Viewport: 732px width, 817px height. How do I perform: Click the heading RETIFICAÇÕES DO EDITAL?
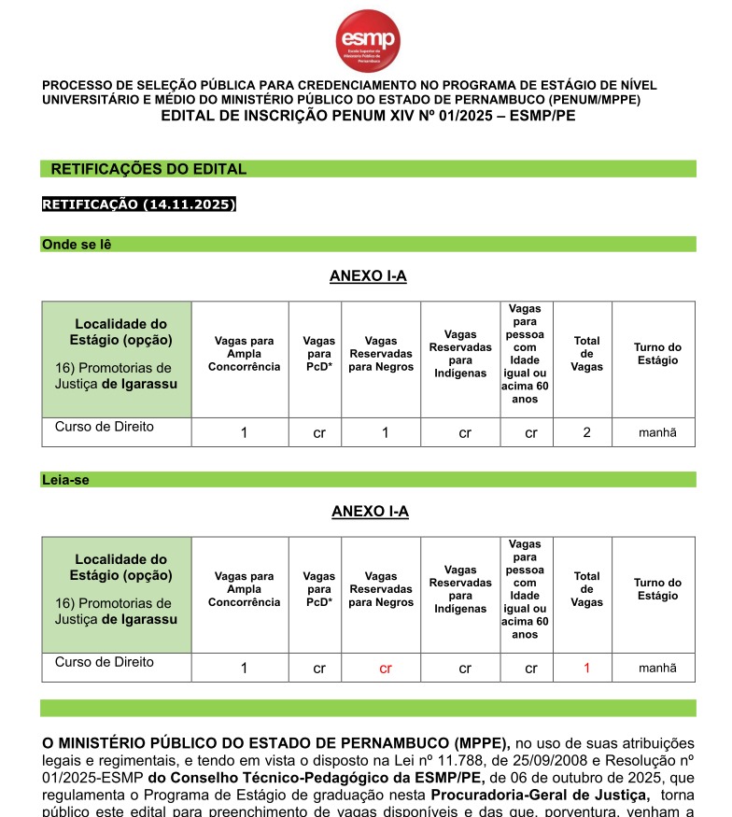point(148,169)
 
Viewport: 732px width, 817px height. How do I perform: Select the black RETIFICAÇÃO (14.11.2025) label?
point(139,204)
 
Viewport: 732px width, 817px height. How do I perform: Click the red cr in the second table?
point(386,669)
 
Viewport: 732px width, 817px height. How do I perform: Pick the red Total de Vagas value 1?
point(586,668)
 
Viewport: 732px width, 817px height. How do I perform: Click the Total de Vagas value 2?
point(586,432)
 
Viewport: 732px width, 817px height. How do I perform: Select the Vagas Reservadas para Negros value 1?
point(386,432)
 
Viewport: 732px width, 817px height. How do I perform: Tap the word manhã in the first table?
point(657,432)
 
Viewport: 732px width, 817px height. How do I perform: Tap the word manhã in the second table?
point(657,669)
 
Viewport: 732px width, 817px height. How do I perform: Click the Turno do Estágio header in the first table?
point(657,354)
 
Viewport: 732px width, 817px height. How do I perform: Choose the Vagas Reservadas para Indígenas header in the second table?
point(460,589)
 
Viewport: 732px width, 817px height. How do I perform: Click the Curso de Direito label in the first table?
point(105,427)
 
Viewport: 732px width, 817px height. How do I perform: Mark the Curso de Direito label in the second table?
point(105,662)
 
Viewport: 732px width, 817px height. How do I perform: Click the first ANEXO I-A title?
point(368,276)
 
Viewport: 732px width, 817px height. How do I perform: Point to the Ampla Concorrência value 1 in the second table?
point(244,669)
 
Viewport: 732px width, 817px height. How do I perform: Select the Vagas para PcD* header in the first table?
point(319,354)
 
